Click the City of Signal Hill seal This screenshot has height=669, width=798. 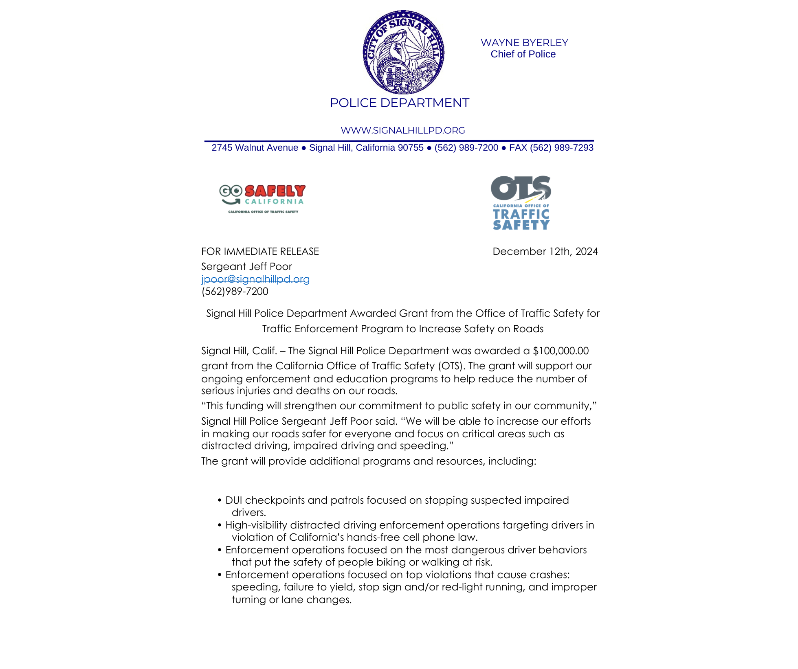(x=403, y=53)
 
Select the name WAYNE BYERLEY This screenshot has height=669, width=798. (x=524, y=43)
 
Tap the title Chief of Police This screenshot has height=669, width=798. (x=523, y=54)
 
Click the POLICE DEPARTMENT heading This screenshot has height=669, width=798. (x=399, y=103)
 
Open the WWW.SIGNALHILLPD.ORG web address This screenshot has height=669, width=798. (x=402, y=130)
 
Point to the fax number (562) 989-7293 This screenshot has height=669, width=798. (x=561, y=148)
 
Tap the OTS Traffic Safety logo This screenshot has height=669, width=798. (x=521, y=203)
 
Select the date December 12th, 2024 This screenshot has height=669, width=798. (x=545, y=252)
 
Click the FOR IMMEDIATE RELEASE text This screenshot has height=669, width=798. (x=260, y=252)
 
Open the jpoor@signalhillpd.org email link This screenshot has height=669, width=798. (x=255, y=279)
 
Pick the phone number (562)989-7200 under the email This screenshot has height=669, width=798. (x=235, y=292)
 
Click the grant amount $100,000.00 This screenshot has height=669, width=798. (x=561, y=351)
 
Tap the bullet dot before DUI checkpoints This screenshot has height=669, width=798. (x=220, y=500)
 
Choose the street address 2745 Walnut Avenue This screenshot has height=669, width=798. (x=255, y=148)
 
